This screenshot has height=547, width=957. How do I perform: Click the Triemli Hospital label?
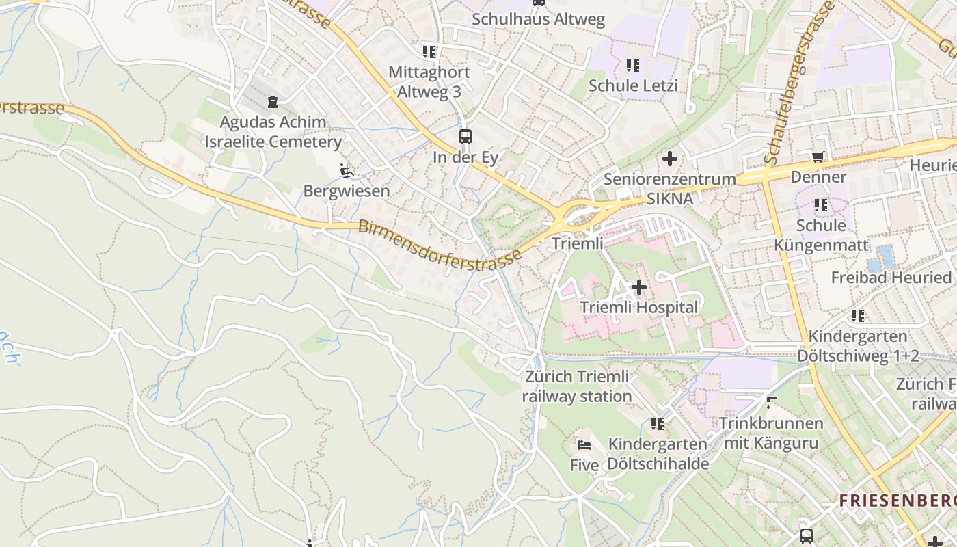tap(639, 308)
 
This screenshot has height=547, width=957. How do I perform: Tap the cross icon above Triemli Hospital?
tap(639, 287)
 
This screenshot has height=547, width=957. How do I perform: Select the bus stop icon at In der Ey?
tap(466, 136)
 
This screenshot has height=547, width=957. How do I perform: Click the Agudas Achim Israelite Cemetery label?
tap(273, 132)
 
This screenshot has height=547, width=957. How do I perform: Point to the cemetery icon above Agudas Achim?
tap(273, 103)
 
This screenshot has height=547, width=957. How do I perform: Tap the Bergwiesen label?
tap(346, 191)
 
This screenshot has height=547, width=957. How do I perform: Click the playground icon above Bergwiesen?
tap(347, 170)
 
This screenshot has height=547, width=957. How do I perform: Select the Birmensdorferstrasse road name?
tap(440, 245)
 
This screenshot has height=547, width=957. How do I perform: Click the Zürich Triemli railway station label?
tap(577, 386)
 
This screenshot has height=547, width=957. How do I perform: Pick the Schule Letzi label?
tap(633, 85)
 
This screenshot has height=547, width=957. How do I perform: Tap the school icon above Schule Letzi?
tap(633, 66)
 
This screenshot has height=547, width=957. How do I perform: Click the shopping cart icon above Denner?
tap(818, 157)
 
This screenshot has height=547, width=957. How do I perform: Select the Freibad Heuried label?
tap(891, 278)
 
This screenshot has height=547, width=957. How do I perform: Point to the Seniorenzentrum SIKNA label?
tap(670, 189)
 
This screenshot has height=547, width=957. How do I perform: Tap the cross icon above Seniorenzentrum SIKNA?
tap(670, 159)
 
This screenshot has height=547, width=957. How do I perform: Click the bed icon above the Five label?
tap(584, 444)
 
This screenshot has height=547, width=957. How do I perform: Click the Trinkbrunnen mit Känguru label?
tap(770, 433)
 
